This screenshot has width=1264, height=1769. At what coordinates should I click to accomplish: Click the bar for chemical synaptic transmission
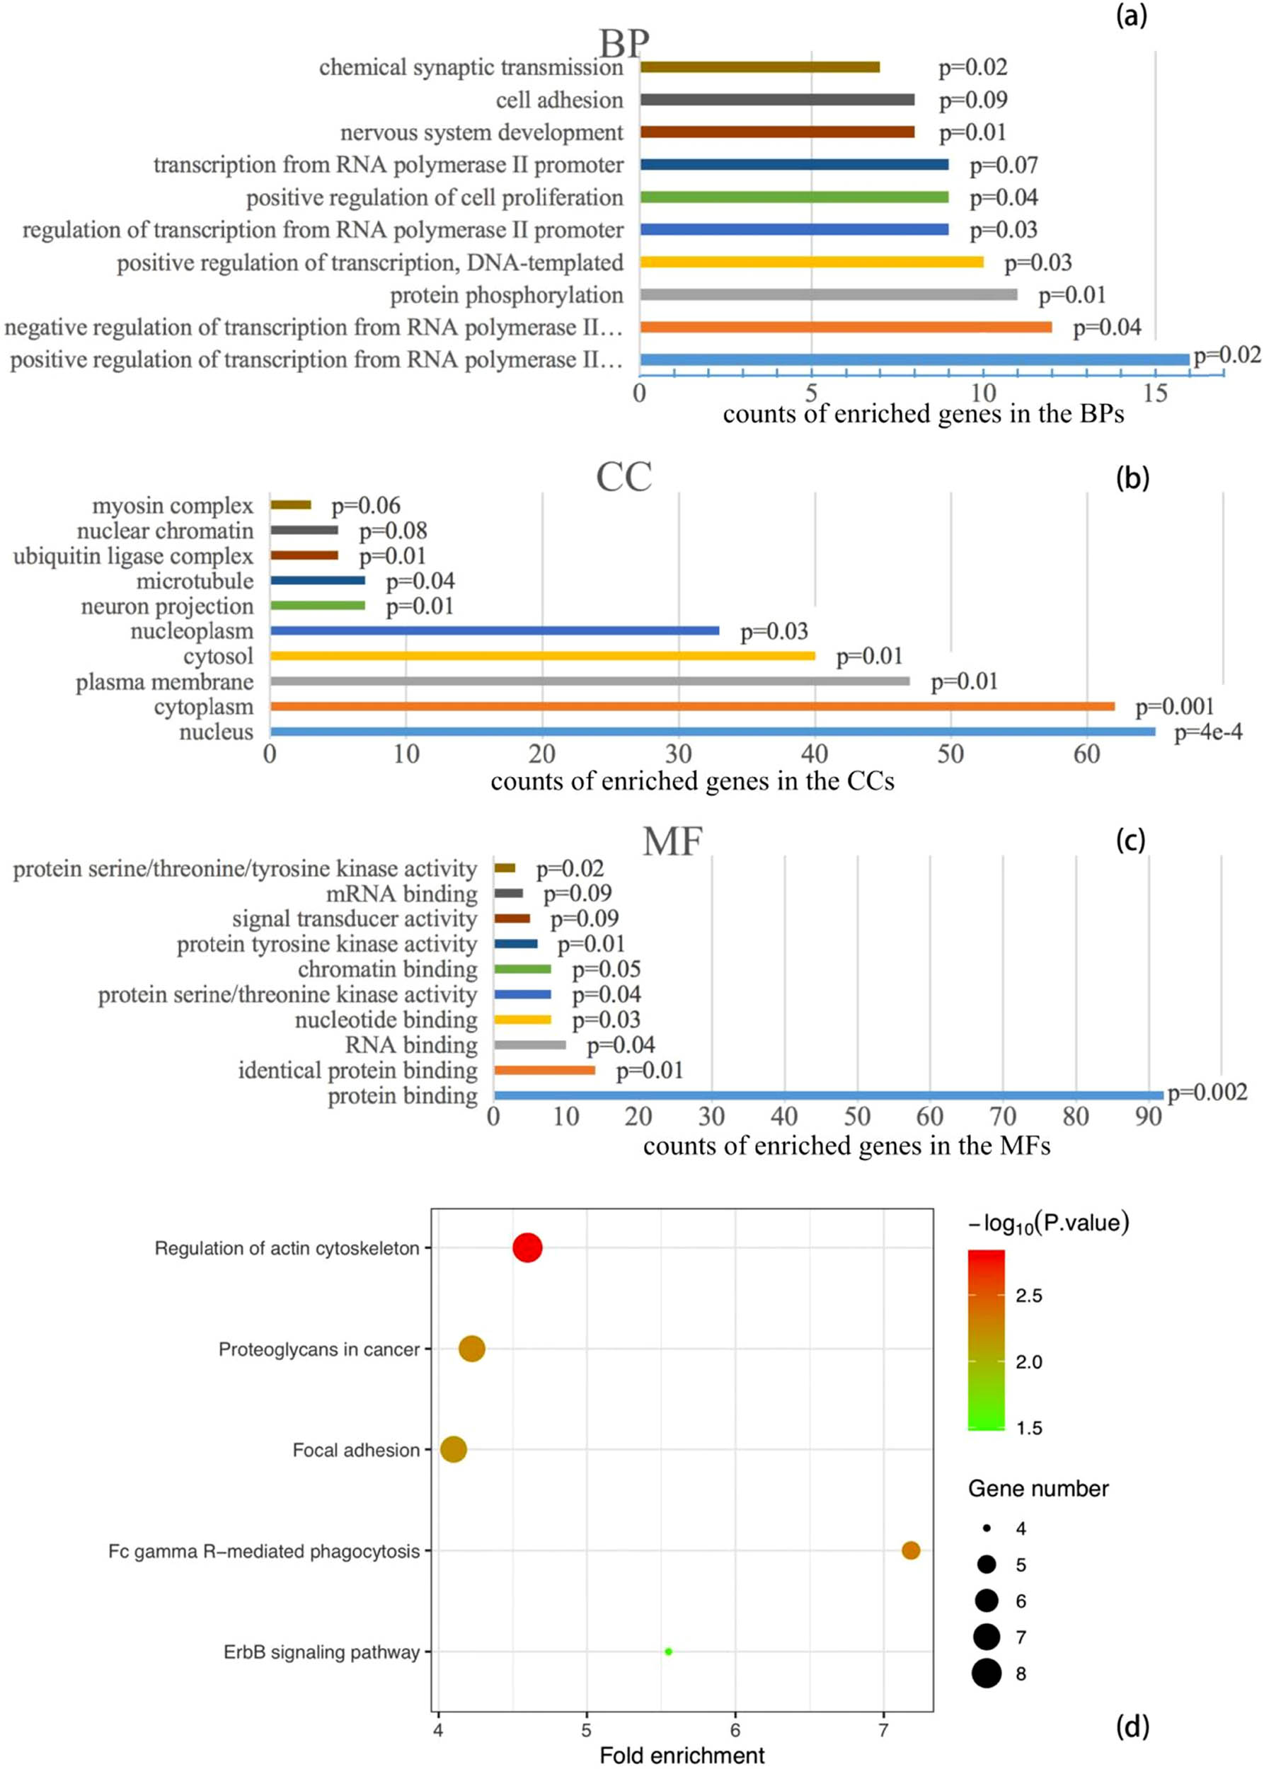759,67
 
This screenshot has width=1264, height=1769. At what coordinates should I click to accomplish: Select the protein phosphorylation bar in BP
828,294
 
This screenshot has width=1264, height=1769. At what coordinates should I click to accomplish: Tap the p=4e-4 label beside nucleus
1208,732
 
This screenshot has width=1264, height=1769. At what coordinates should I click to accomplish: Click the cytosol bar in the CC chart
543,656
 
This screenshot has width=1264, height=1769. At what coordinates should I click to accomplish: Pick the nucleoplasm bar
494,630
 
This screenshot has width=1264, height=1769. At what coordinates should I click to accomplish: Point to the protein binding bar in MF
828,1095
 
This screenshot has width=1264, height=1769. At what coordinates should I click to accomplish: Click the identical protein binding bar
544,1070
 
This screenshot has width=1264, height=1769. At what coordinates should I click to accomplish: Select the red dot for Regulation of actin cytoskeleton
527,1247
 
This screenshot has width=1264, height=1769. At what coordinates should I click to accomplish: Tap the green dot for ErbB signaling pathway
668,1651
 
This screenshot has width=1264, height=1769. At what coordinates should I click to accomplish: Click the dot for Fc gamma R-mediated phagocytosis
911,1550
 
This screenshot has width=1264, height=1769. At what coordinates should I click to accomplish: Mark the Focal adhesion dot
454,1449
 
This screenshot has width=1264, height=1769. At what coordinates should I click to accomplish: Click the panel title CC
624,477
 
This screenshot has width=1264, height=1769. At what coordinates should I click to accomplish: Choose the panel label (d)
1132,1727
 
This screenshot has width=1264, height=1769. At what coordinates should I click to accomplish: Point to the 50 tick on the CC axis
950,754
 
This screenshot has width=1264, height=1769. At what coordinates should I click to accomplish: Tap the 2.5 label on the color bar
1028,1296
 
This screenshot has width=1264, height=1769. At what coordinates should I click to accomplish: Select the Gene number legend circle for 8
986,1673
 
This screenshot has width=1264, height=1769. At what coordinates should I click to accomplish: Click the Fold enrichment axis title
682,1756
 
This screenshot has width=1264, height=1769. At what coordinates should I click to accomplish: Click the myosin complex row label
173,506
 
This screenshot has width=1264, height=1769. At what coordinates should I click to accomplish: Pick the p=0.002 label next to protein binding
1207,1092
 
